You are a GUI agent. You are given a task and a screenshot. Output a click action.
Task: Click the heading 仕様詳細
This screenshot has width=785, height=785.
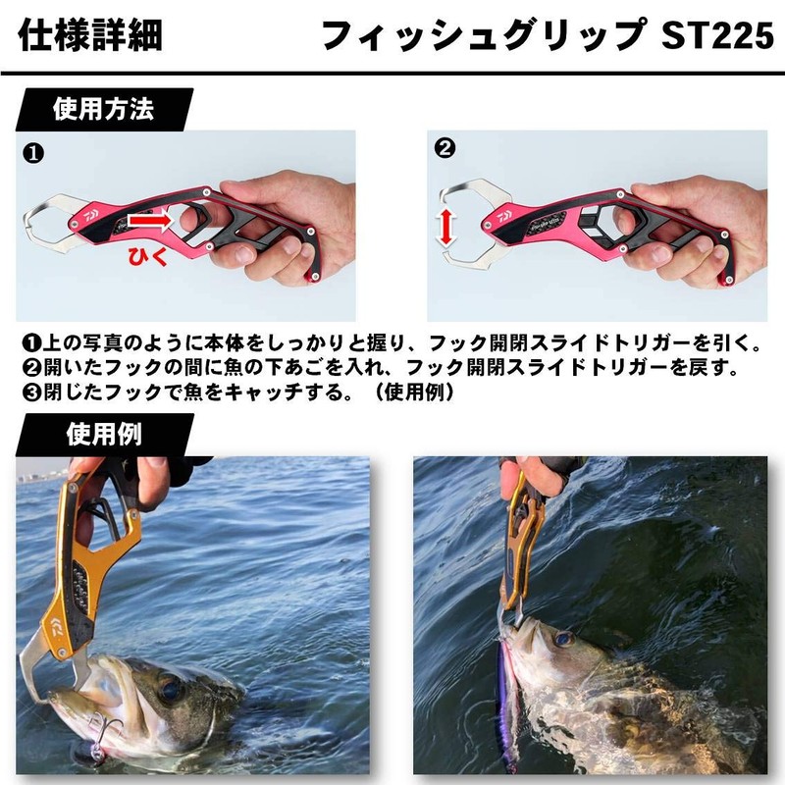coord(90,36)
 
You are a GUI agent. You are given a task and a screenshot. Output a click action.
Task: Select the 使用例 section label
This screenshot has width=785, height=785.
coord(102,433)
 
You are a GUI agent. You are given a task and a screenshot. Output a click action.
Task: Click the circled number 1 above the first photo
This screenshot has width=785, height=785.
coord(32,153)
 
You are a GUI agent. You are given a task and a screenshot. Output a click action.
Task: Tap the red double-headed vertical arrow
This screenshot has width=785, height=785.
coord(446,226)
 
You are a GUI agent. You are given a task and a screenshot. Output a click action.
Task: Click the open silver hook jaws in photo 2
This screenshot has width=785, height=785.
coord(465,224)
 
